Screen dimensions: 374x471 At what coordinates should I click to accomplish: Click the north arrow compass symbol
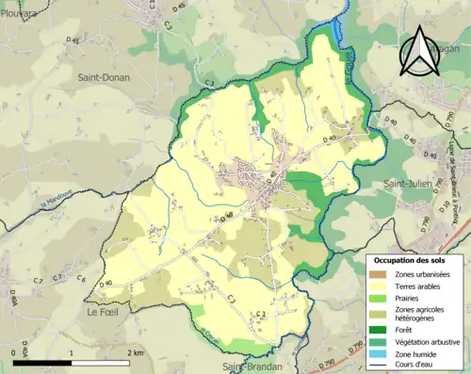[x=417, y=51]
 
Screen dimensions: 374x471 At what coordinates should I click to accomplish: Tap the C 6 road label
[x=82, y=279]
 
